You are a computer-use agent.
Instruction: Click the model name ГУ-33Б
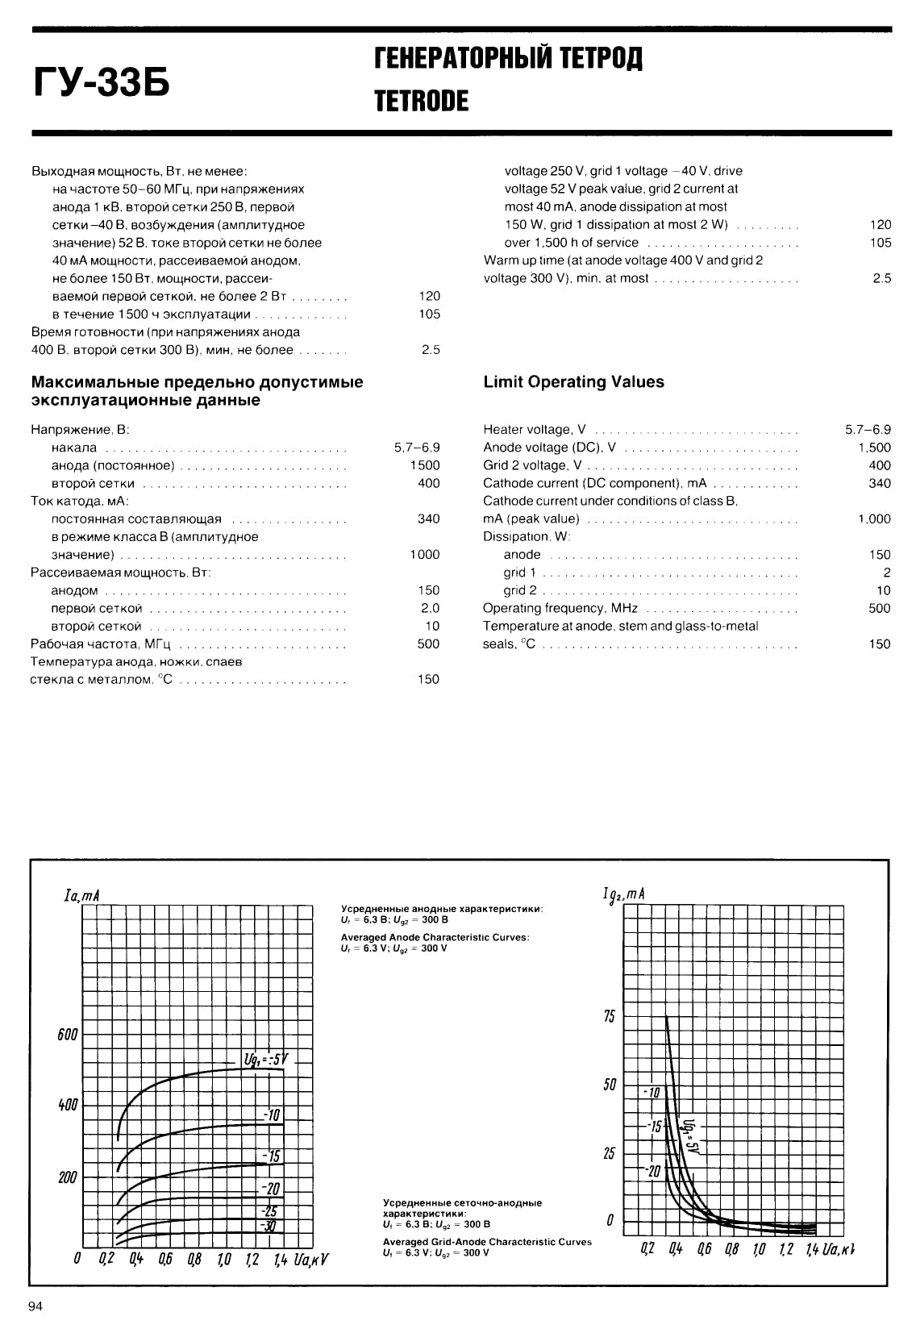(101, 83)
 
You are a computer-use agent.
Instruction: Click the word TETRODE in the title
(421, 101)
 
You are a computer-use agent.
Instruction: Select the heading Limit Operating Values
(573, 382)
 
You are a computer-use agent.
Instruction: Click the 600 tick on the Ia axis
(68, 1035)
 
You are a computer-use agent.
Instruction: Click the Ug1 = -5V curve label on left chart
(265, 1059)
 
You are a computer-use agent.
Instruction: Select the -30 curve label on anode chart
(269, 1227)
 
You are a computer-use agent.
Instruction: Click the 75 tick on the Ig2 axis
(609, 1016)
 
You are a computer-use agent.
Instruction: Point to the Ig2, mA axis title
(623, 894)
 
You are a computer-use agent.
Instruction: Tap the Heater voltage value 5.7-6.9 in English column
(868, 430)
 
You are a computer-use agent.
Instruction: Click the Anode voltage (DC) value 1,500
(874, 448)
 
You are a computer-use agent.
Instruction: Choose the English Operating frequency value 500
(880, 608)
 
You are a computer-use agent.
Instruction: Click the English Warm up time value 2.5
(882, 278)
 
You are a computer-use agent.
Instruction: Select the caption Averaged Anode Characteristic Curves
(435, 937)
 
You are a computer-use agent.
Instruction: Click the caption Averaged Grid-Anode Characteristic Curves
(487, 1242)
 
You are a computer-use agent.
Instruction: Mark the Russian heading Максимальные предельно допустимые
(197, 382)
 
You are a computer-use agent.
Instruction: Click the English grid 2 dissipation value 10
(884, 590)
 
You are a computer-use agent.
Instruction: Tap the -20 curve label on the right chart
(653, 1171)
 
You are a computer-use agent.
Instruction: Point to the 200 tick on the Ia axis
(68, 1177)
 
